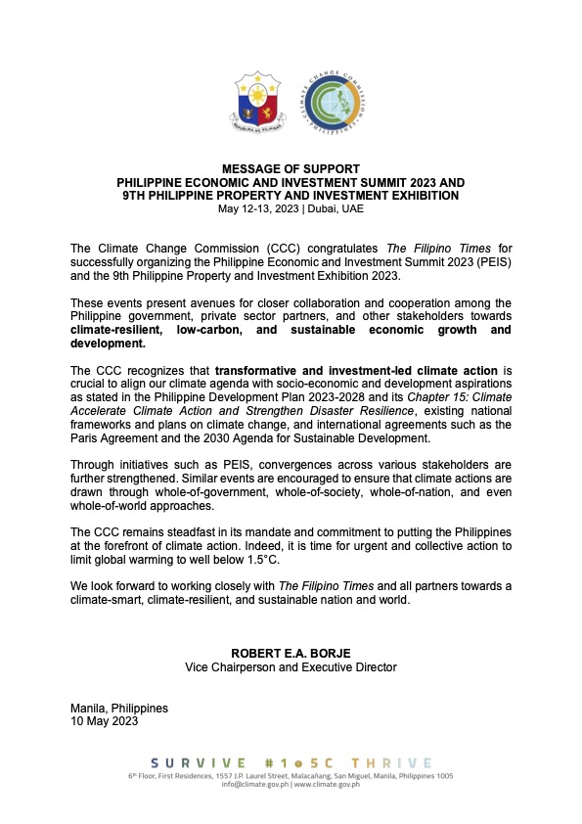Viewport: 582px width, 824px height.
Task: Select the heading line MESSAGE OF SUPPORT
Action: pos(291,169)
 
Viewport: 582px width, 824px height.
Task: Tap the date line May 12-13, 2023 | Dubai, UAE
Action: pos(291,208)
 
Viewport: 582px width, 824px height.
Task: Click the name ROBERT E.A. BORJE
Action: pos(291,653)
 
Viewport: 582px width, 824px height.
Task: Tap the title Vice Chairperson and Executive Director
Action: pos(291,667)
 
